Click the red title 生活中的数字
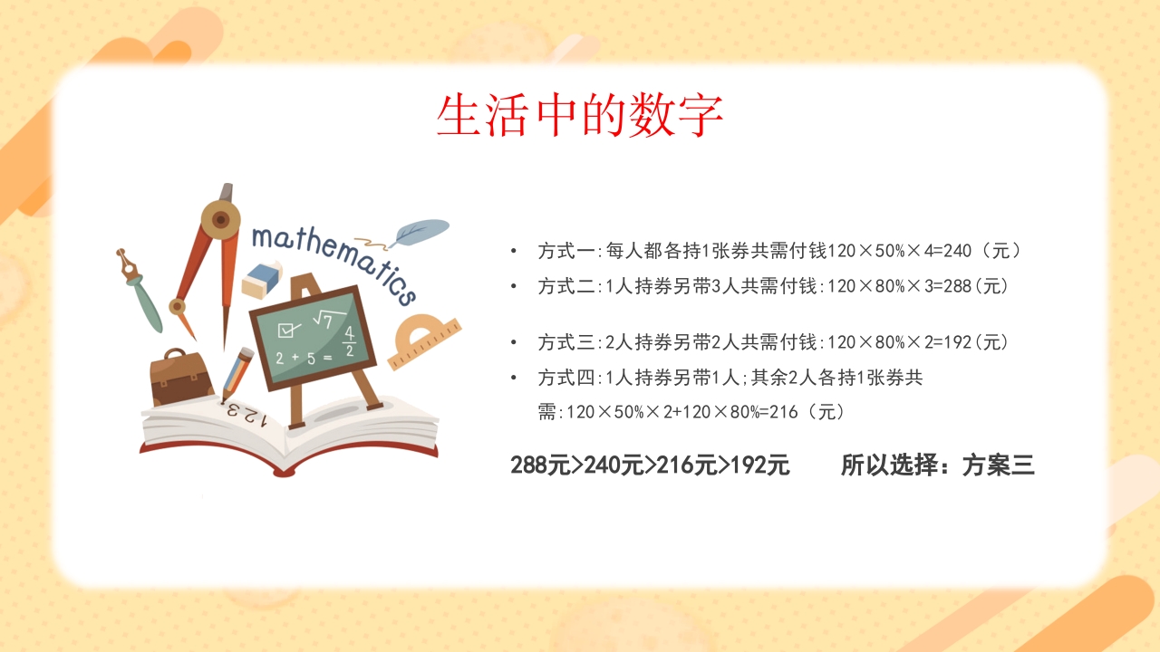[580, 116]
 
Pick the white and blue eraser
[263, 280]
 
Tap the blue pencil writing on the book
[237, 371]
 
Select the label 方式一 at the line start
[565, 251]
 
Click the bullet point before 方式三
[514, 342]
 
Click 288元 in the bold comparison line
[541, 465]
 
